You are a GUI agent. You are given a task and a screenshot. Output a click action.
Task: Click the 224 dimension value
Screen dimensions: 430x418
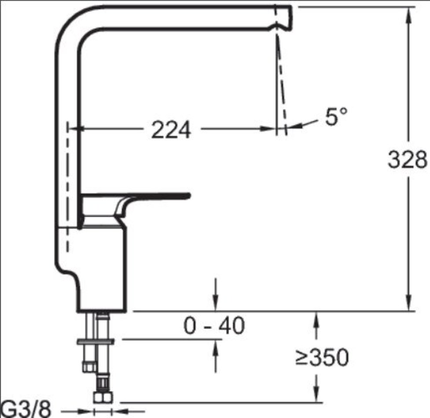tap(171, 130)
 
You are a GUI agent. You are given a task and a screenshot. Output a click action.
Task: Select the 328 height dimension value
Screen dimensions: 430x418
tap(408, 159)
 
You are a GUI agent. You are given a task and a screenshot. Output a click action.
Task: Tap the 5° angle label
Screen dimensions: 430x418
tap(336, 116)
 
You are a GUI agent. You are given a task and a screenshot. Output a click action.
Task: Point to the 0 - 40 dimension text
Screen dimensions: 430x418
tap(214, 326)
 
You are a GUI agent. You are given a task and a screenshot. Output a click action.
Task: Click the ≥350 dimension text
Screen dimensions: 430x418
tap(322, 357)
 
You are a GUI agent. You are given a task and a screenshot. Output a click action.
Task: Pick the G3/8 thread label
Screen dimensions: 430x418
tap(26, 410)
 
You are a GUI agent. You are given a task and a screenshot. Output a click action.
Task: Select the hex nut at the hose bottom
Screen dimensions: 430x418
tap(103, 397)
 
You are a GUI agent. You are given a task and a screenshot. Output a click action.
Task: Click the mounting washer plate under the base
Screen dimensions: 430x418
tap(96, 341)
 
